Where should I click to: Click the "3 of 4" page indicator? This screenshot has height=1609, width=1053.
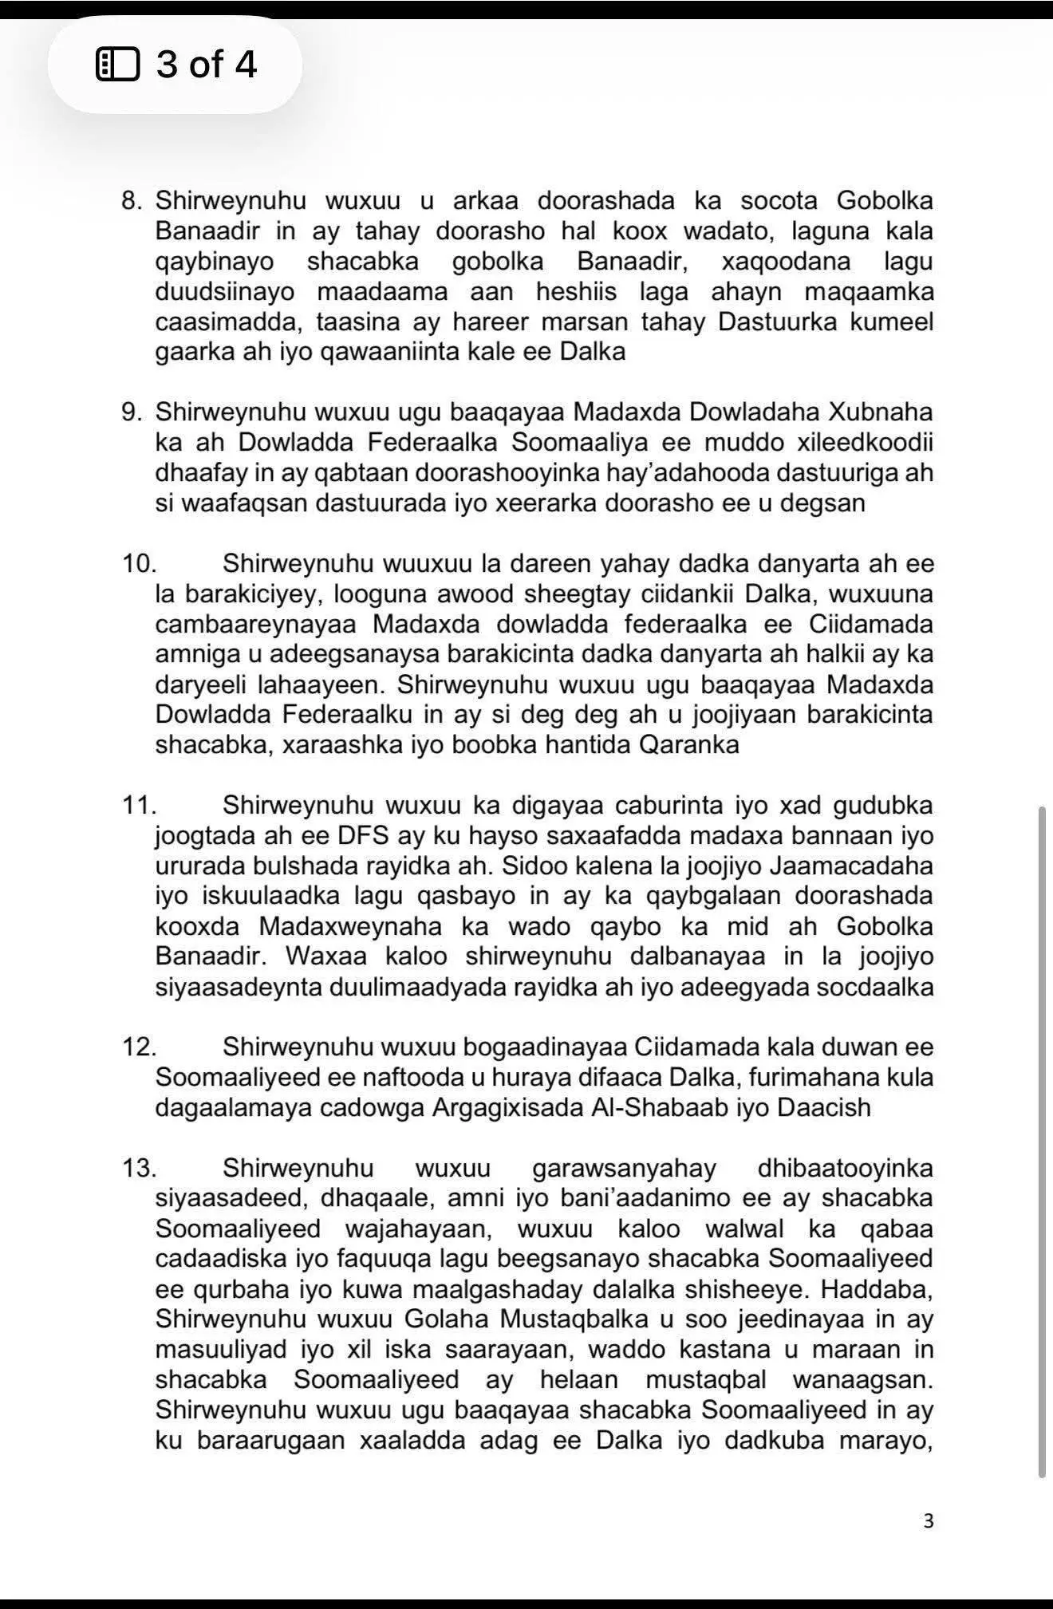click(206, 64)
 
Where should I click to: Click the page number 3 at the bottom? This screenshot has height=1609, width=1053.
click(928, 1521)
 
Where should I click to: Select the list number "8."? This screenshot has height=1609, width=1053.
click(132, 200)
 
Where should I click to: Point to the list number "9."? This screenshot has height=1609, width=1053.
click(132, 412)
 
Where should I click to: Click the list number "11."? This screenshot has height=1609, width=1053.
click(138, 805)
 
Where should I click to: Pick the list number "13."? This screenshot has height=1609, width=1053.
click(139, 1169)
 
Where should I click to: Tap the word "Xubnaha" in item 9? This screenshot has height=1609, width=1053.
click(881, 412)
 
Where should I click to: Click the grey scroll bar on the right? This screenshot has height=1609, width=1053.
click(1041, 1141)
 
